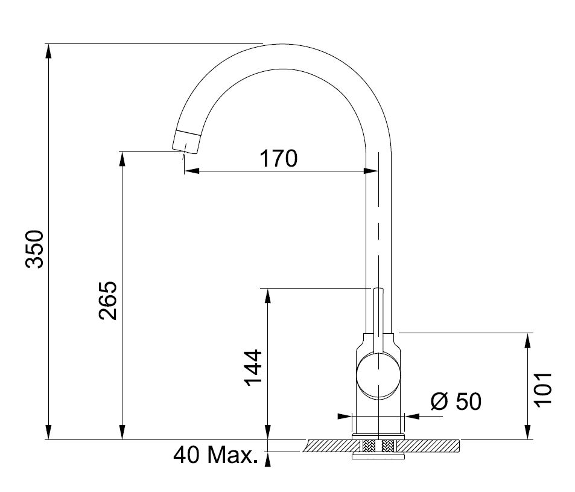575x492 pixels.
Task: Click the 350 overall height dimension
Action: coord(35,249)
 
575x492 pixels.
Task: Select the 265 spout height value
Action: coord(108,301)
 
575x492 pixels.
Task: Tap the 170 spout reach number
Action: coord(279,159)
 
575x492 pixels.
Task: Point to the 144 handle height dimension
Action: coord(253,368)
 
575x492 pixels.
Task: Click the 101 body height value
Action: coord(542,389)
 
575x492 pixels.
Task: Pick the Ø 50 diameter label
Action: coord(456,401)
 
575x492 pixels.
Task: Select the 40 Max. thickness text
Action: coord(215,455)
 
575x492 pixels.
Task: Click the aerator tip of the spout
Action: coord(186,141)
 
